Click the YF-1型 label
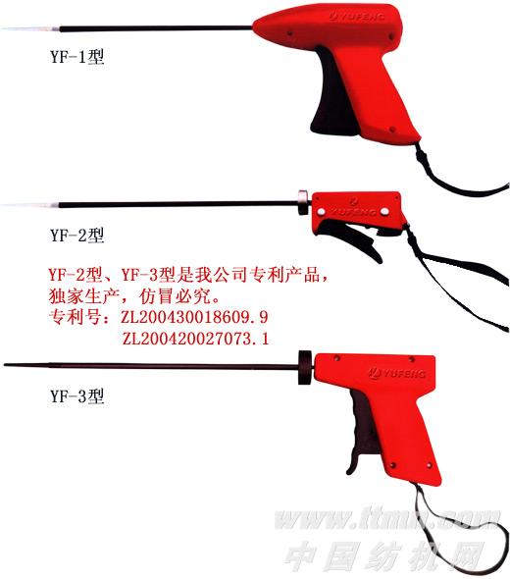click(77, 57)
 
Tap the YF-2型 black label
click(77, 235)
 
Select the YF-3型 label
click(77, 395)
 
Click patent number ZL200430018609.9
click(194, 317)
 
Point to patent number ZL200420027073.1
click(195, 339)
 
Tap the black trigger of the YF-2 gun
click(350, 238)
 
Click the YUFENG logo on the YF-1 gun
click(357, 17)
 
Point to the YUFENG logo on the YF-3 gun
click(397, 373)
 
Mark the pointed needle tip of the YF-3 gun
click(5, 365)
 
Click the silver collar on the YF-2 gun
click(303, 203)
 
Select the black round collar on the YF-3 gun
click(305, 367)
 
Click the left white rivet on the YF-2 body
click(321, 212)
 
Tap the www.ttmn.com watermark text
click(387, 518)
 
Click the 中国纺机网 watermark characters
click(383, 555)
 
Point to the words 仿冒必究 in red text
click(175, 295)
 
